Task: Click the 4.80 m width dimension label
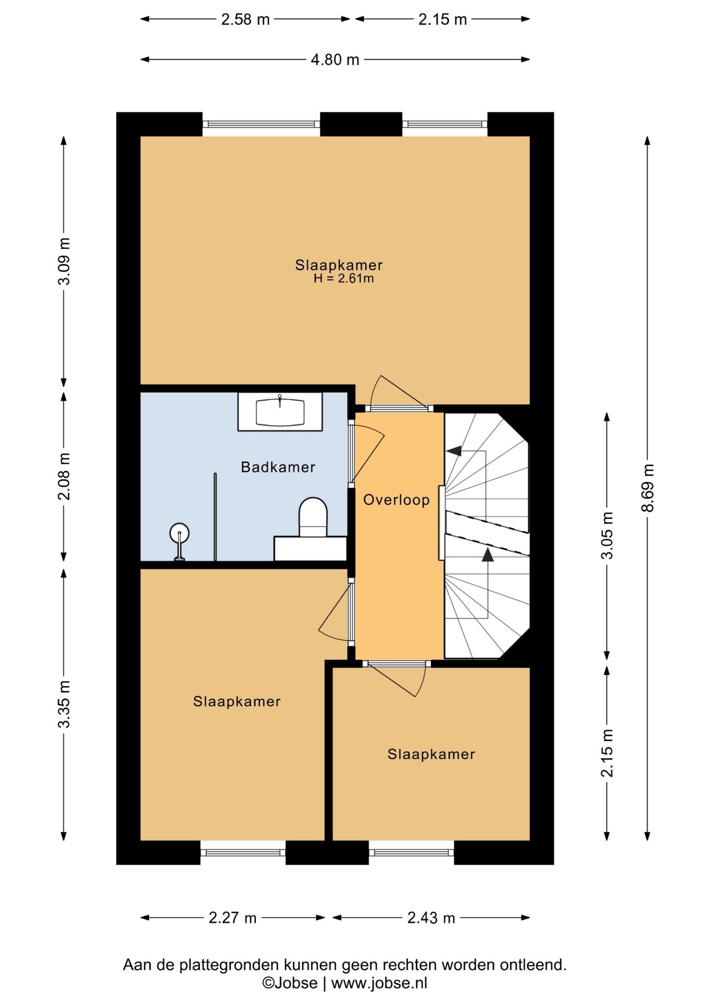(x=335, y=60)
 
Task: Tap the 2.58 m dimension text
(x=245, y=19)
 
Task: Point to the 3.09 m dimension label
(x=64, y=261)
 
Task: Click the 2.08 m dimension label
(x=64, y=476)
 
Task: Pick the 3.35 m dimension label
(x=64, y=704)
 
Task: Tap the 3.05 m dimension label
(x=607, y=535)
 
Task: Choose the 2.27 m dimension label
(x=232, y=918)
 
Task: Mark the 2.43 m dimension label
(x=431, y=918)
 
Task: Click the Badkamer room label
(x=278, y=467)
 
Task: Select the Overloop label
(x=396, y=500)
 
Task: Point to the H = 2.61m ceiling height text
(x=344, y=278)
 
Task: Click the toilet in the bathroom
(x=313, y=517)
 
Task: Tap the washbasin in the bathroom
(x=280, y=412)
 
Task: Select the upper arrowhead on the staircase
(x=454, y=450)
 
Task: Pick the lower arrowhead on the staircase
(x=488, y=555)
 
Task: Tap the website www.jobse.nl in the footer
(x=379, y=983)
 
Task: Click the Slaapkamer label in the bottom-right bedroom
(x=431, y=754)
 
